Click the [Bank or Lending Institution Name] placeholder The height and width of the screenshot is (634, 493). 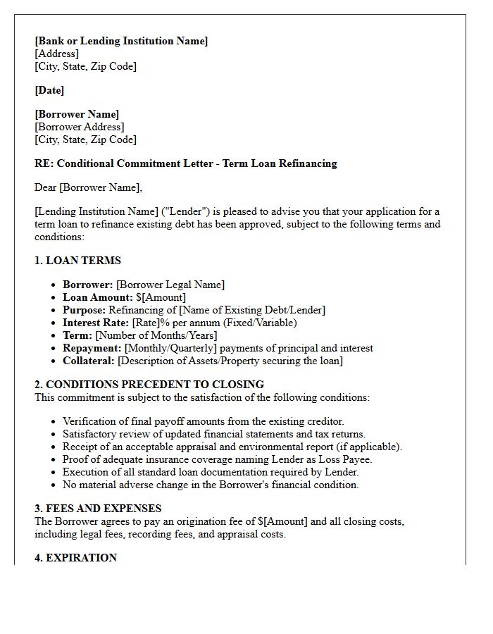coord(121,41)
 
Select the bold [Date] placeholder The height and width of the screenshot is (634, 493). coord(49,90)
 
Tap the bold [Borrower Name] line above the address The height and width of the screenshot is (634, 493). coord(77,114)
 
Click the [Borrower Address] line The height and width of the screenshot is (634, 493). coord(79,127)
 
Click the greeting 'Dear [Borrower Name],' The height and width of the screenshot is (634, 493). coord(88,187)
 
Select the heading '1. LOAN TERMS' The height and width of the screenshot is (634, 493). coord(77,261)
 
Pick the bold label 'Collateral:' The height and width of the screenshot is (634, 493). coord(88,361)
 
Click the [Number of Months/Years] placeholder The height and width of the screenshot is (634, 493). coord(156,335)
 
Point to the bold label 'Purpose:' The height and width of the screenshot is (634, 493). coord(85,310)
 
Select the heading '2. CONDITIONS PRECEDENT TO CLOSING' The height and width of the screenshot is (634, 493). coord(149,385)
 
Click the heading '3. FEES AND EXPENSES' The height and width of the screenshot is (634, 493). coord(98,509)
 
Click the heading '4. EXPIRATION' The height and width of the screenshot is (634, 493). coord(75,558)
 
